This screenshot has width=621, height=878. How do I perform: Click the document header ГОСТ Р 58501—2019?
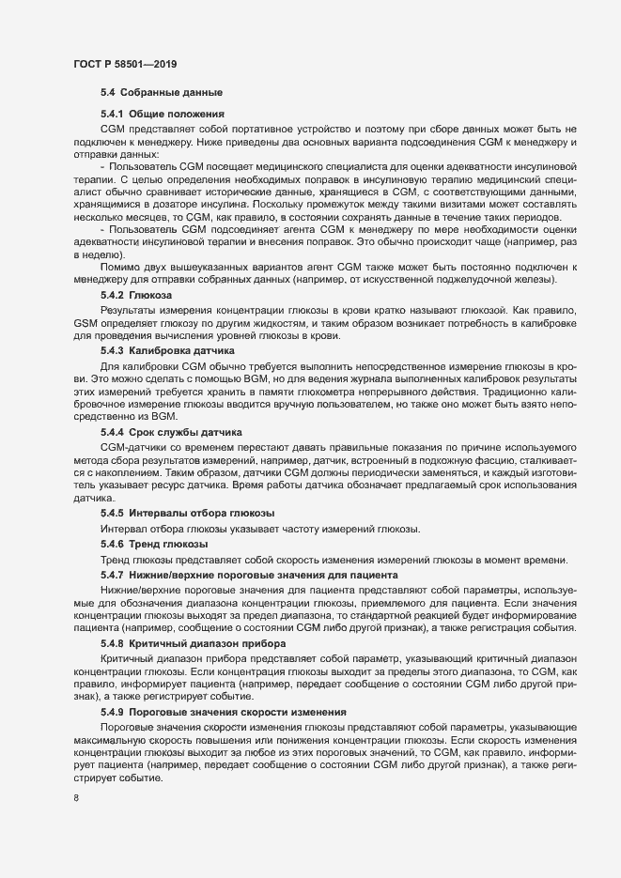coord(125,64)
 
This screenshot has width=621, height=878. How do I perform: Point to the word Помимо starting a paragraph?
coord(119,269)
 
